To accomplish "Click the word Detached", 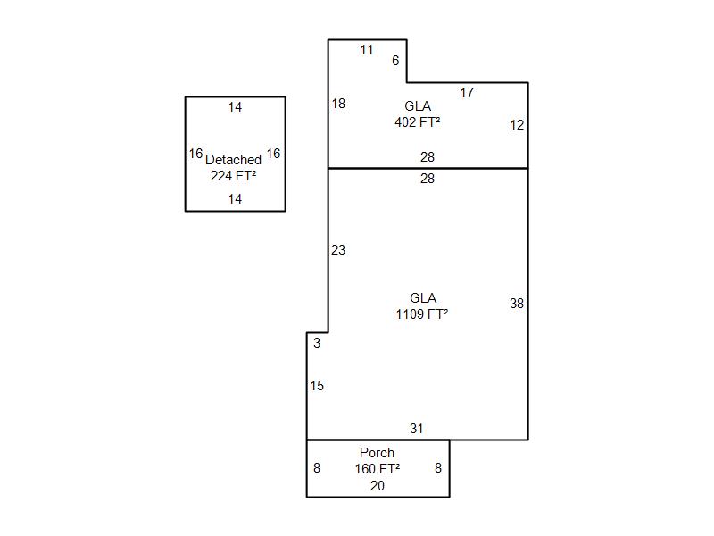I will tap(234, 160).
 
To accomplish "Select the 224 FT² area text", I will tap(234, 176).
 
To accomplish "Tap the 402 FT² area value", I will tap(417, 122).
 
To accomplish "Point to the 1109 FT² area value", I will tap(422, 314).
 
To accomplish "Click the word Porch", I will tap(377, 453).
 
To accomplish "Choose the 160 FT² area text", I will tap(378, 468).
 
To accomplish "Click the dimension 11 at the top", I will tap(367, 50).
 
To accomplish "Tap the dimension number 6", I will tap(395, 61).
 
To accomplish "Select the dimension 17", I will tap(467, 93).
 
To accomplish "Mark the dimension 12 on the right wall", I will tap(517, 125).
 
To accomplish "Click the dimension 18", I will tap(338, 104).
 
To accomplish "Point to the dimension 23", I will tap(338, 250).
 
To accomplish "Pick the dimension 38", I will tap(517, 304).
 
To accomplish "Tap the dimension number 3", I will tap(317, 343).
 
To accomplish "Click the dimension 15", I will tap(317, 386).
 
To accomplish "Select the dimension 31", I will tap(417, 429).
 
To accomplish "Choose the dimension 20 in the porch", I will tap(378, 486).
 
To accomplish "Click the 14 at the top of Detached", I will tap(235, 107).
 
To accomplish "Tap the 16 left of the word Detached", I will tap(195, 154).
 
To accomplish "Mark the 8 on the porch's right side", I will tap(438, 468).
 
